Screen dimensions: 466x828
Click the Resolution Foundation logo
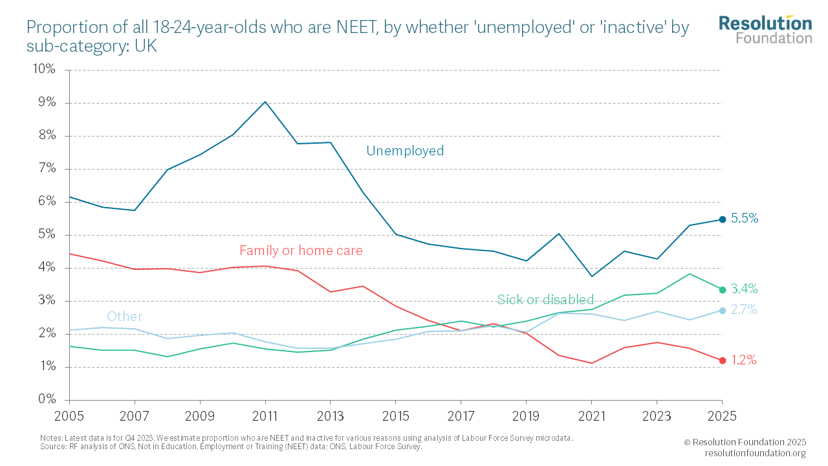[x=765, y=29]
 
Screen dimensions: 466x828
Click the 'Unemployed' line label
[x=405, y=151]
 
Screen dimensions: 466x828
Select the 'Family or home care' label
[x=301, y=250]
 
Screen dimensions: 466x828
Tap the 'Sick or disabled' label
[x=545, y=300]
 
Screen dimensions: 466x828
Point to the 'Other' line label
[x=124, y=316]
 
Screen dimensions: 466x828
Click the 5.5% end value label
[x=745, y=219]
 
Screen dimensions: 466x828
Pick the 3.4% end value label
[x=745, y=289]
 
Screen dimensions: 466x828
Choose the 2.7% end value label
[x=744, y=310]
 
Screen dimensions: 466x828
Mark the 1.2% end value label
[x=744, y=361]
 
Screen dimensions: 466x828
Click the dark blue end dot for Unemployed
[x=723, y=219]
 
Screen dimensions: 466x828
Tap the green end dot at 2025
[x=723, y=289]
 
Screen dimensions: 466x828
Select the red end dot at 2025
[x=723, y=361]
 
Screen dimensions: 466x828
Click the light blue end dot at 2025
[x=723, y=311]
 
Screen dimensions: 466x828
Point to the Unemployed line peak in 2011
[x=265, y=102]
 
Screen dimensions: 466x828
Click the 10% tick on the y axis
[x=43, y=69]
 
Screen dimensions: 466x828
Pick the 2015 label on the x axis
[x=396, y=415]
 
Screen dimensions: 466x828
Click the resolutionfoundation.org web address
[x=755, y=453]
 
